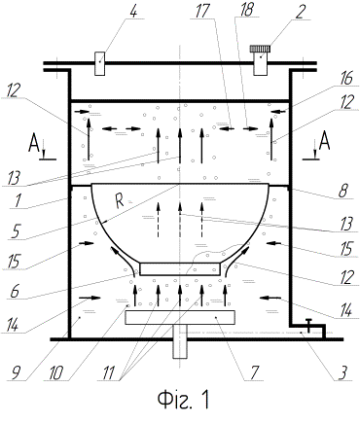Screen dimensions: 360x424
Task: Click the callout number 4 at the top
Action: point(134,11)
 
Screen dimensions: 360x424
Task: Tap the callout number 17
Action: point(202,11)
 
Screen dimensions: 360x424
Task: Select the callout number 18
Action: point(246,10)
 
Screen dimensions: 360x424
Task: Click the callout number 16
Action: point(346,79)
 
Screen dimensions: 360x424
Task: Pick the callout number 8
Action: point(344,191)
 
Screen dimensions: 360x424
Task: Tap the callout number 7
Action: point(254,372)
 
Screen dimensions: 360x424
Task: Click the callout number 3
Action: point(344,371)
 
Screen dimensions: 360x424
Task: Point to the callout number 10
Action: point(55,373)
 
